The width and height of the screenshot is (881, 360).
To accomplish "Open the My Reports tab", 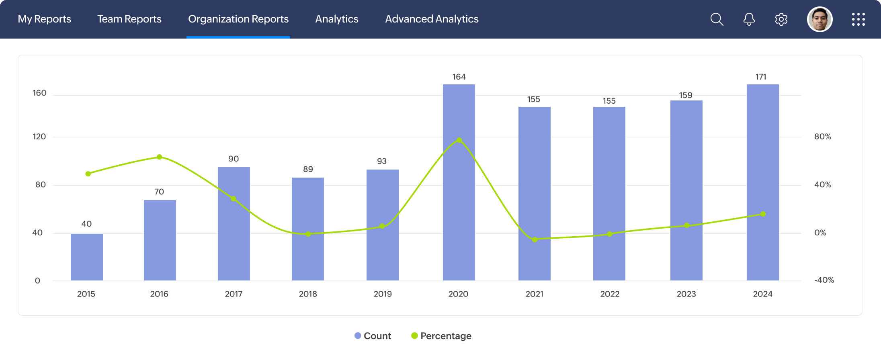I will (44, 19).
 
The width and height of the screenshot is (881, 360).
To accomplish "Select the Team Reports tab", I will (129, 19).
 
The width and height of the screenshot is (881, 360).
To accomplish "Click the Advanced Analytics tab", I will (432, 19).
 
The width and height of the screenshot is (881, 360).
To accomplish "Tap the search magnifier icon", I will (717, 19).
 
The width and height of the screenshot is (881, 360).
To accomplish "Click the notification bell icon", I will (749, 19).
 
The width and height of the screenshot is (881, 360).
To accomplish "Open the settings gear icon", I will (781, 19).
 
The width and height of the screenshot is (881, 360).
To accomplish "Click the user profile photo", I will (820, 19).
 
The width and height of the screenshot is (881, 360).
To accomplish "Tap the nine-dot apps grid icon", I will (858, 19).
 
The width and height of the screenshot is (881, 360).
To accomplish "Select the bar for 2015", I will (87, 257).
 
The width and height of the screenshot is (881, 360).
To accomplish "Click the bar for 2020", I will (459, 201).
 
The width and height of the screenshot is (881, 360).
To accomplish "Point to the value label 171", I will (761, 77).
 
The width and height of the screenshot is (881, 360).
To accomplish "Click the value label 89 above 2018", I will (308, 169).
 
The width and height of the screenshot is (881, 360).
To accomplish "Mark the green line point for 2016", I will (160, 157).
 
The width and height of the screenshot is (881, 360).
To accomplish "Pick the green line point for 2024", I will (763, 214).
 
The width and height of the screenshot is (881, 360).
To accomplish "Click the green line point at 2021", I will (535, 239).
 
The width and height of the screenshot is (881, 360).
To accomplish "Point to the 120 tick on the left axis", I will (39, 137).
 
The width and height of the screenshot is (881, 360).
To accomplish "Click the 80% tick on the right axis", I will (822, 137).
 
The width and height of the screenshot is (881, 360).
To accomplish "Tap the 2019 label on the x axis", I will (383, 294).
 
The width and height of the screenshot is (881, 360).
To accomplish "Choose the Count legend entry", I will (373, 336).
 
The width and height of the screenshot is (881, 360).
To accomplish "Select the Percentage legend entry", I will (441, 336).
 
